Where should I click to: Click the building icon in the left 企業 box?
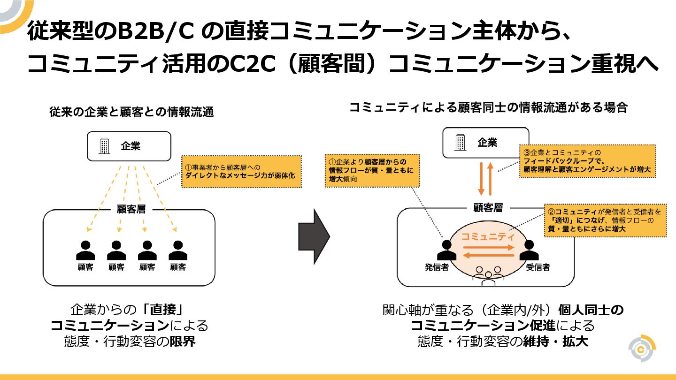(x=104, y=146)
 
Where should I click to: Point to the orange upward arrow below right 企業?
(x=490, y=178)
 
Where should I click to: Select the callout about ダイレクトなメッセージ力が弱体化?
(x=241, y=171)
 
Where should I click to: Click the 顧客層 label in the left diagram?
(x=131, y=209)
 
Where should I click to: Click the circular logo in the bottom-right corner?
(x=642, y=348)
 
